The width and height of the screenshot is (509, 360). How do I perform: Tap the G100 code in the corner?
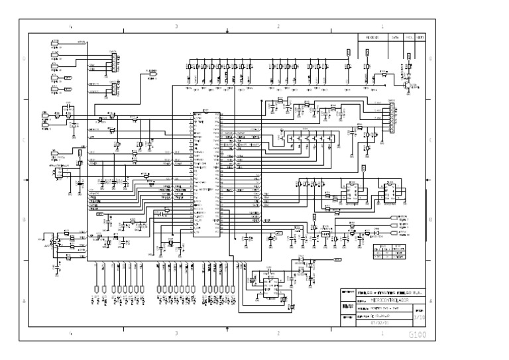point(418,335)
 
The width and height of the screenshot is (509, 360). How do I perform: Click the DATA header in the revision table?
point(394,38)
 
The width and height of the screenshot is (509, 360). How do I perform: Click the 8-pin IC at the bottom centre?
point(268,285)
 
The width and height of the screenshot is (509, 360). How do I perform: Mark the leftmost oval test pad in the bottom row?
point(97,290)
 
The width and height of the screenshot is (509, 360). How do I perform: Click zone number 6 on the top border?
point(70,27)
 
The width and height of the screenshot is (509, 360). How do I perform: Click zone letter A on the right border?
point(431,301)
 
